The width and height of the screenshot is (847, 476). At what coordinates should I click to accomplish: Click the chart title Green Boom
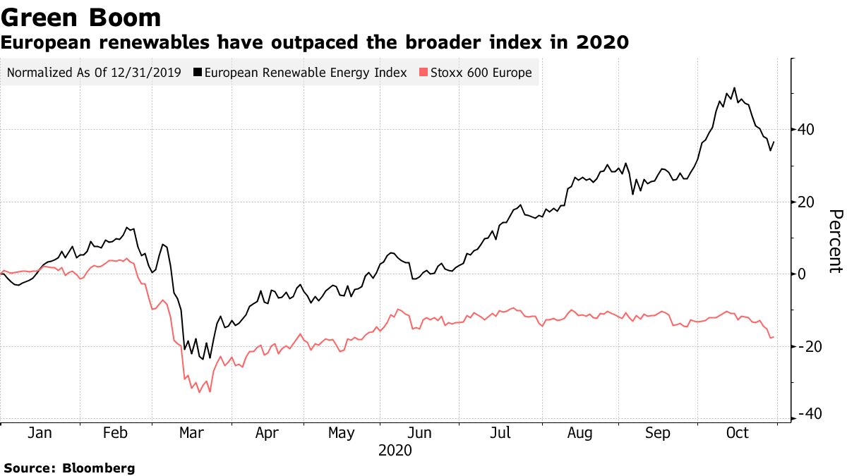coord(81,17)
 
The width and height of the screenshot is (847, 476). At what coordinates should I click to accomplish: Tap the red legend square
coord(423,73)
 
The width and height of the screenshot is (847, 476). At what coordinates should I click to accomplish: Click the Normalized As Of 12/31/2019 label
coord(94,73)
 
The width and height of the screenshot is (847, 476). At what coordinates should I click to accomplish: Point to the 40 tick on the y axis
coord(807,130)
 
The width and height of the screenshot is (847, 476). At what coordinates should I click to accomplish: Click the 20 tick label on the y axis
coord(807,202)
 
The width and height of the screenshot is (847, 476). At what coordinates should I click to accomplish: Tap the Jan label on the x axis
coord(40,434)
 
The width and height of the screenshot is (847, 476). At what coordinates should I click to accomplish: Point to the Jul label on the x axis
coord(500,434)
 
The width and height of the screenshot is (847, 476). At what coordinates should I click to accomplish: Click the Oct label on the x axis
coord(737,434)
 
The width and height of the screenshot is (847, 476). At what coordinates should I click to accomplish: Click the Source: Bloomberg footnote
coord(69,468)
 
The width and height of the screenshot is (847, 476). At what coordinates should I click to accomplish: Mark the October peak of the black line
coord(735,88)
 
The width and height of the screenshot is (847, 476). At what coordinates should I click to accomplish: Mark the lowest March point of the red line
coord(199,392)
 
